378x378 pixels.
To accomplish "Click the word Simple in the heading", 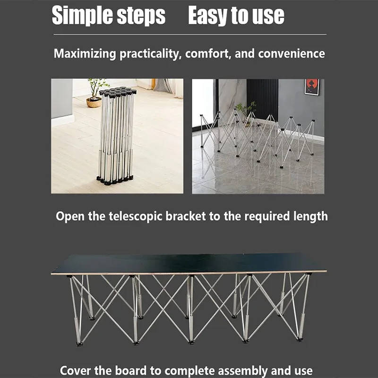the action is pos(82,16).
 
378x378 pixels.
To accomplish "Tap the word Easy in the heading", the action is pos(208,16).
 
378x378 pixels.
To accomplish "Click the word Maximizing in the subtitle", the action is pos(85,54).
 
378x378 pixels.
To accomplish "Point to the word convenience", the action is pos(292,53).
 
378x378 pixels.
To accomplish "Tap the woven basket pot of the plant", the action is pos(94,103).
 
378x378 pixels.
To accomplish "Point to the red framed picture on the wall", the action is pos(312,87).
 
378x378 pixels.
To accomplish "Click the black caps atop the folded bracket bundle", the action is pos(118,92).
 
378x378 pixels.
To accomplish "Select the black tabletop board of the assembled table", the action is pos(189,264).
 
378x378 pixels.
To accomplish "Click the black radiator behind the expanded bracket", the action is pos(262,100).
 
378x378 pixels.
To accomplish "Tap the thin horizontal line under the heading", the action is pos(190,34).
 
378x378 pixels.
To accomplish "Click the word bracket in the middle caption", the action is pos(185,216).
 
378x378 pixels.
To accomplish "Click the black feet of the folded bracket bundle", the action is pos(115,180).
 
